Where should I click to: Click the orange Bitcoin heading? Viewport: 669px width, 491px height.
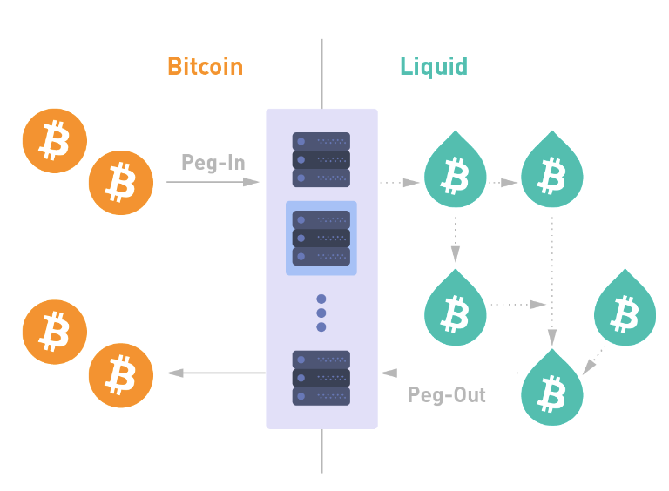[205, 66]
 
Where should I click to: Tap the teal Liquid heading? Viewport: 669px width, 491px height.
[434, 66]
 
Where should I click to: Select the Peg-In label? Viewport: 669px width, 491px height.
[213, 162]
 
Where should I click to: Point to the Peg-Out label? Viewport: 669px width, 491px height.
[447, 395]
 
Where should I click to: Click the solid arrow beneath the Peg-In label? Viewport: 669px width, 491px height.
[213, 182]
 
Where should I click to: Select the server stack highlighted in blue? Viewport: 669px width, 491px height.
[321, 238]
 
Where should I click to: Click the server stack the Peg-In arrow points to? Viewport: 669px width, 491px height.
[321, 159]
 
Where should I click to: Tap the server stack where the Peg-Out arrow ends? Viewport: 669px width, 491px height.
[321, 378]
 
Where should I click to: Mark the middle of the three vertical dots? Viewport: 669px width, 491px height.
[321, 313]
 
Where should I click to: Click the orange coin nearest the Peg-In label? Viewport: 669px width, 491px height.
[121, 182]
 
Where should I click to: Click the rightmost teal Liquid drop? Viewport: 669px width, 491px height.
[624, 307]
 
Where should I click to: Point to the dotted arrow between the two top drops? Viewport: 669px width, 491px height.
[503, 183]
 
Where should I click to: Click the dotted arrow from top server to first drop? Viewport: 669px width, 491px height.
[402, 183]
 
